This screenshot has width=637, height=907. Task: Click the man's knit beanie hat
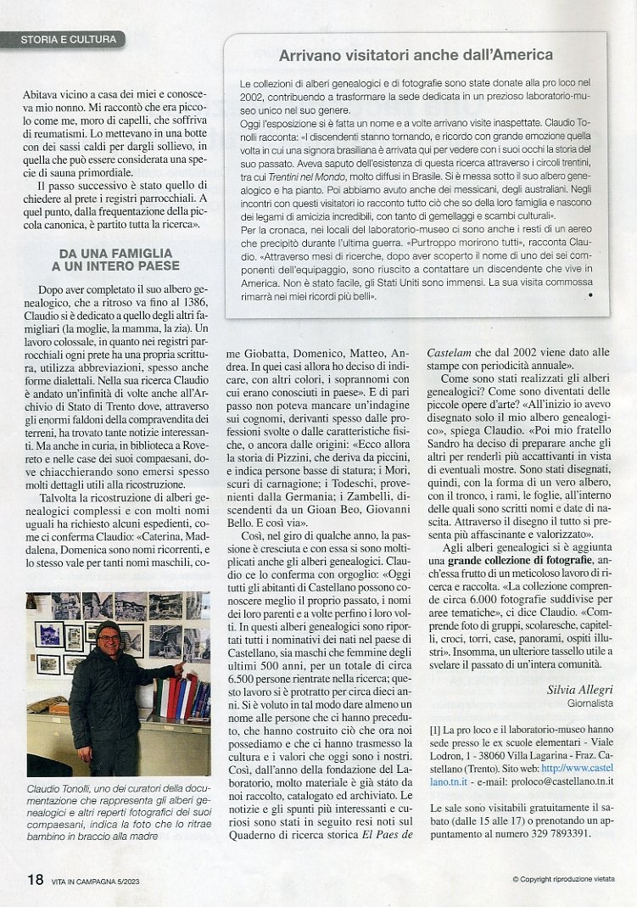(x=108, y=627)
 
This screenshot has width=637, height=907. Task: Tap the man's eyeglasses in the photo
(x=108, y=638)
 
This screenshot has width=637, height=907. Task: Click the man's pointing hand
(x=178, y=669)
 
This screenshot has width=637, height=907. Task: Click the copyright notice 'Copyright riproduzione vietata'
(x=564, y=880)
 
